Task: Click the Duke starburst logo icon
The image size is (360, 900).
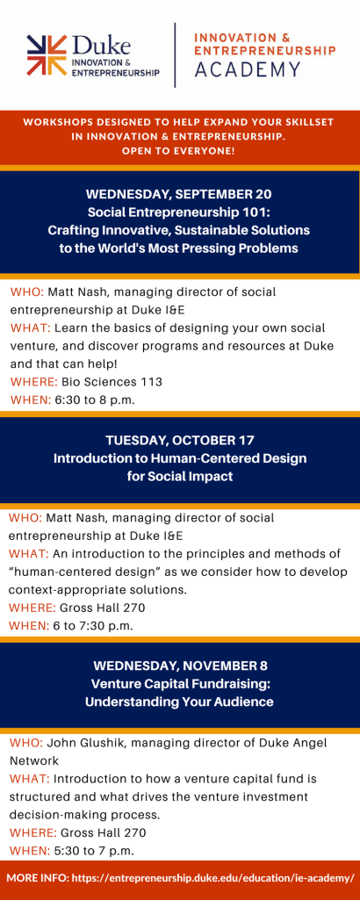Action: point(47,54)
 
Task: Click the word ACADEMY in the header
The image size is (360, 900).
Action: point(248,69)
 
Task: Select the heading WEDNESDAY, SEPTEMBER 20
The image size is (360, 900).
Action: point(180,194)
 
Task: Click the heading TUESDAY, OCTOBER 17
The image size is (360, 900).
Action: point(180,441)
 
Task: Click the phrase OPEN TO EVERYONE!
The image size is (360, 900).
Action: point(180,151)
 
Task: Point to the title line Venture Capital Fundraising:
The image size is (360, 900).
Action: point(180,684)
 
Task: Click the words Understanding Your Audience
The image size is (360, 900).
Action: point(180,702)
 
